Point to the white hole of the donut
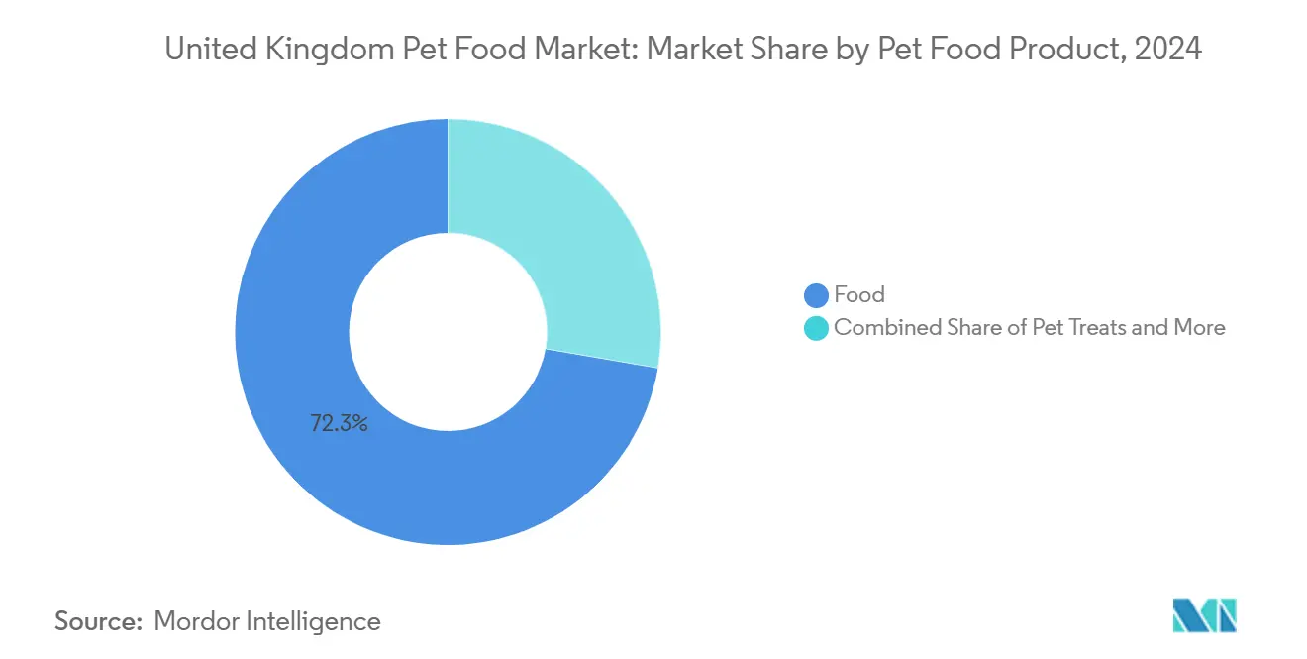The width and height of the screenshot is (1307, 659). [448, 332]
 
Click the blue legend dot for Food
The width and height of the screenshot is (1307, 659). [816, 295]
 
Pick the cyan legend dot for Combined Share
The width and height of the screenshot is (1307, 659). [816, 328]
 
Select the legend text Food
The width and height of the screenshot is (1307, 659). [858, 295]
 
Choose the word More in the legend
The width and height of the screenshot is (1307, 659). [1199, 328]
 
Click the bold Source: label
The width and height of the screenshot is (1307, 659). [98, 621]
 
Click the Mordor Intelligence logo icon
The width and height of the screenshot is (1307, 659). [1204, 615]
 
